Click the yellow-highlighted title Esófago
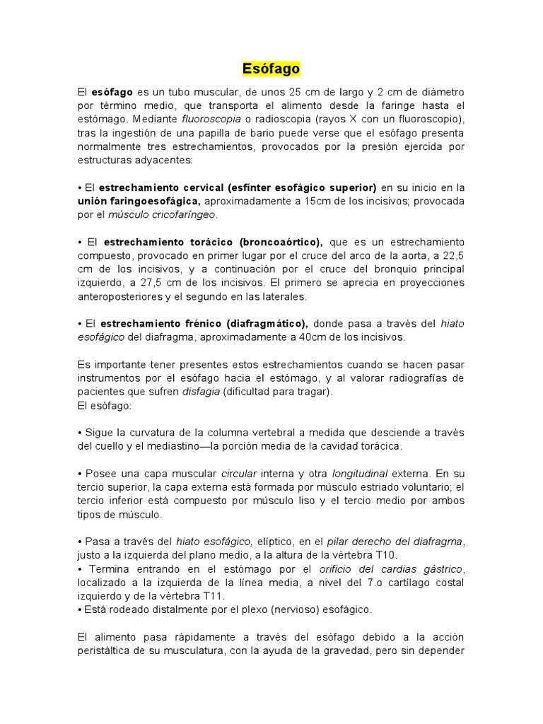click(x=271, y=69)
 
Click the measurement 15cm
click(x=319, y=201)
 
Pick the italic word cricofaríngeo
click(x=179, y=214)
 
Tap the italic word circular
click(x=238, y=473)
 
